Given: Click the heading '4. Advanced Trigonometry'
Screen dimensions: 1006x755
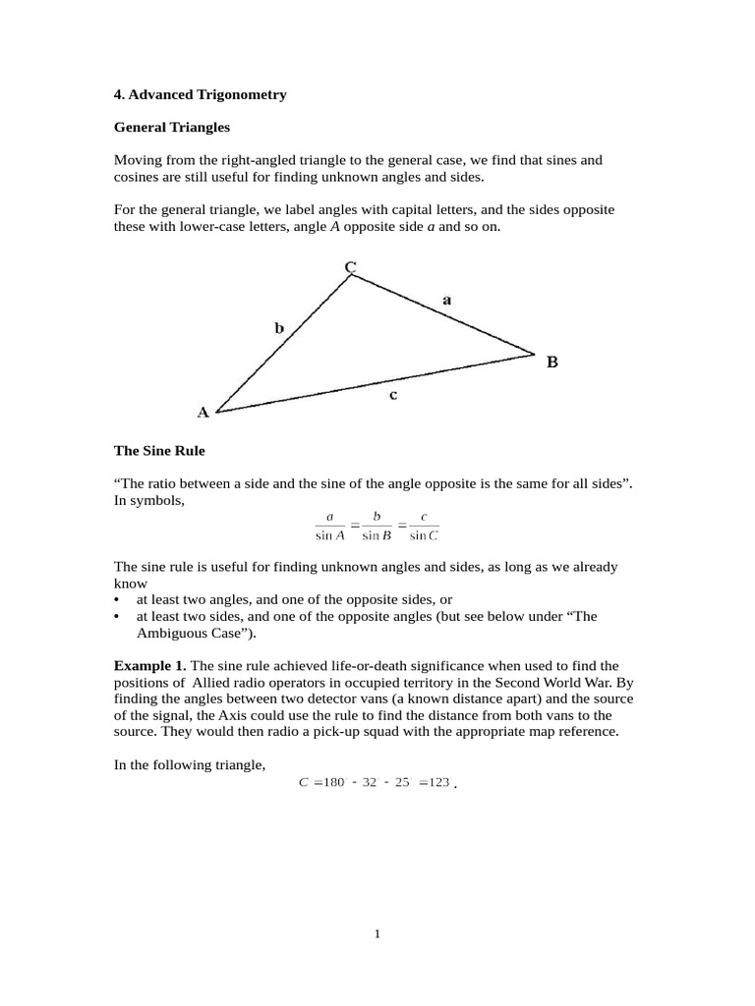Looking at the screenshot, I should pos(201,95).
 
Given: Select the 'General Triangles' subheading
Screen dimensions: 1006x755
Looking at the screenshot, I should pos(172,127).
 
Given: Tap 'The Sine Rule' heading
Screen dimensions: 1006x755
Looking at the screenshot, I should pos(159,450).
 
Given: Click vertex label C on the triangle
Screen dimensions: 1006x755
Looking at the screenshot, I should pos(350,266).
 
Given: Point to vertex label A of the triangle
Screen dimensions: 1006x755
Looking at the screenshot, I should pos(203,413).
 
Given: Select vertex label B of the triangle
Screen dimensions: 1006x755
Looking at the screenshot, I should pos(552,362).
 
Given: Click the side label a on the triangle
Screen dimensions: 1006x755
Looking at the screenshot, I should pos(447,301).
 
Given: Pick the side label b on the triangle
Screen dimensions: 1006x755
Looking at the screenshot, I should pos(279,329).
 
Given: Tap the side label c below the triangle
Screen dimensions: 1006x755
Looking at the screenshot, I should pos(392,395).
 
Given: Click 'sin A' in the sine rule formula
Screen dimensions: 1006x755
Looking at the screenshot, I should pos(330,535).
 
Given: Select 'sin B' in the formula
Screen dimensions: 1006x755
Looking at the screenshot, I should pos(377,535).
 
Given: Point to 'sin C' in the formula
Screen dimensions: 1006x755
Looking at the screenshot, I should pos(424,535).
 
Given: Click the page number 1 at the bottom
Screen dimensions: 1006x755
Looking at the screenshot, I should pos(377,933).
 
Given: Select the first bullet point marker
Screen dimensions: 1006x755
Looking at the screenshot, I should pos(117,599).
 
